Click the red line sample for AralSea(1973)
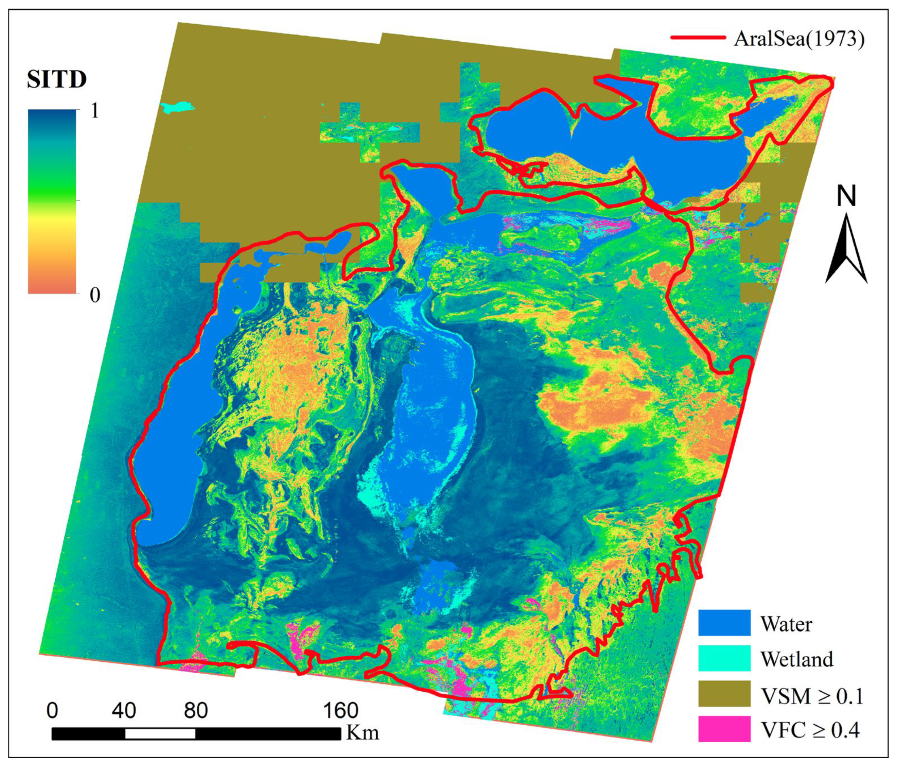pos(698,38)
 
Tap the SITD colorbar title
pos(57,79)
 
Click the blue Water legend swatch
pos(724,623)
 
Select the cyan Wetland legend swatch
pos(724,658)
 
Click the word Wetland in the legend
pos(797,659)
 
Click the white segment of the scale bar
pos(160,734)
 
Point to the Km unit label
pos(363,733)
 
